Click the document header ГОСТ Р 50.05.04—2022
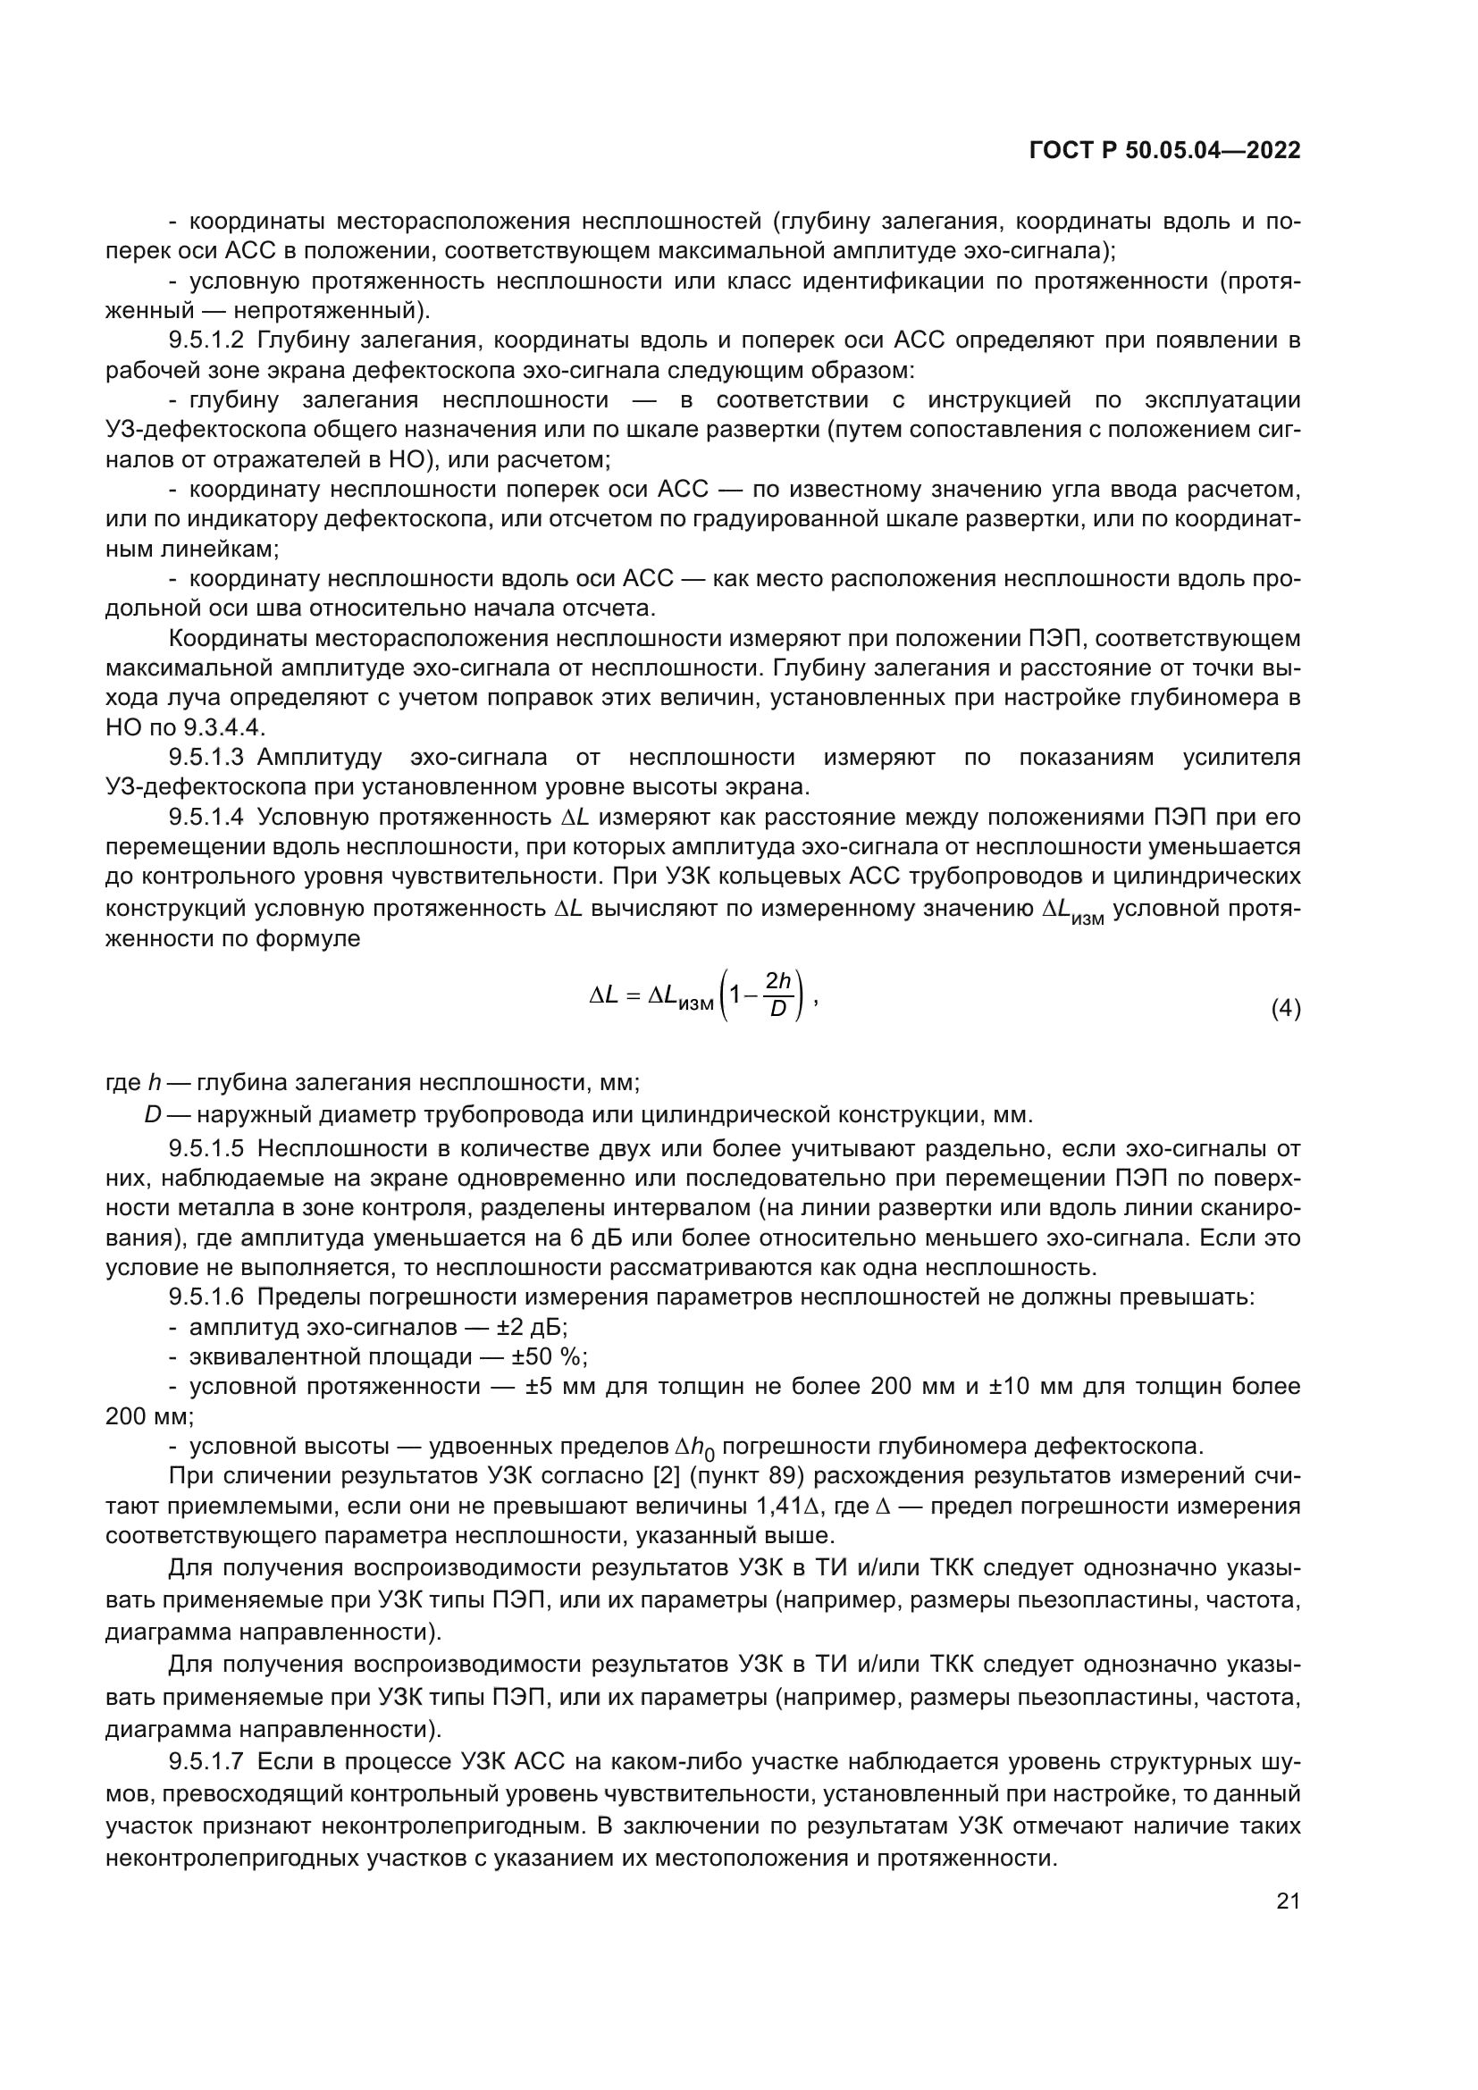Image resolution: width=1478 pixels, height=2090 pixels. pos(1164,151)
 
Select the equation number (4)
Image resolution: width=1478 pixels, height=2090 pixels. pos(1285,1009)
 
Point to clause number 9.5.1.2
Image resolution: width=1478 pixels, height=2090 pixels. pos(206,341)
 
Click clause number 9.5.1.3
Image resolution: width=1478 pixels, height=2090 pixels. pos(206,758)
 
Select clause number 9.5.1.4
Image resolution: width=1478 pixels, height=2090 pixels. pos(206,818)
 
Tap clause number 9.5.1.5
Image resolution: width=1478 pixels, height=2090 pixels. pos(206,1149)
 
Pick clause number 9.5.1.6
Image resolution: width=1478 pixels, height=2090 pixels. pos(206,1297)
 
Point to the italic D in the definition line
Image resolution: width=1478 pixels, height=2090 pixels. pos(152,1114)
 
